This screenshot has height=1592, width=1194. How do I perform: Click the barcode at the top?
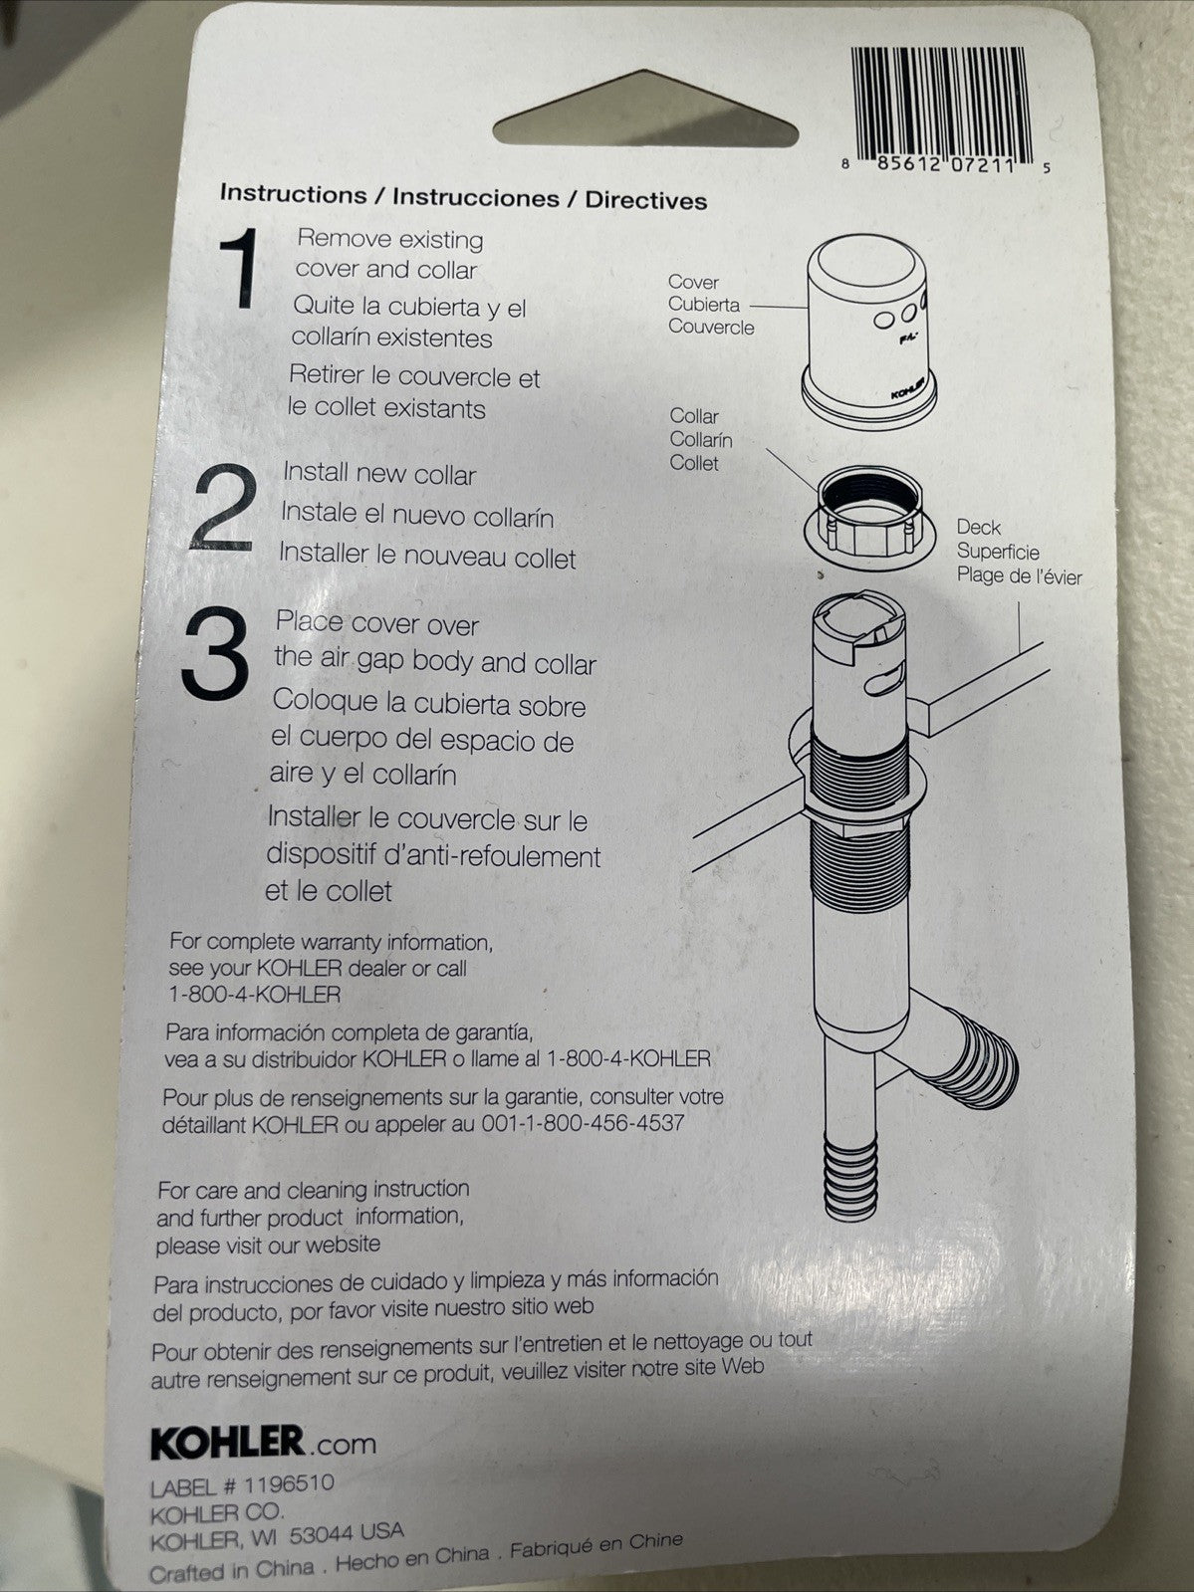pyautogui.click(x=942, y=106)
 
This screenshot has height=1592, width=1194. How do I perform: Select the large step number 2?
pyautogui.click(x=224, y=507)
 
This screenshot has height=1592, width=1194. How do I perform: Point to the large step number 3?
pyautogui.click(x=215, y=654)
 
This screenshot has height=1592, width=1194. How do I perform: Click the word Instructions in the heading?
pyautogui.click(x=293, y=194)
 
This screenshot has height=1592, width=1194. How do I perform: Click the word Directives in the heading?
pyautogui.click(x=645, y=200)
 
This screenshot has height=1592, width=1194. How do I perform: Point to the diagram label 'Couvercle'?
pyautogui.click(x=711, y=328)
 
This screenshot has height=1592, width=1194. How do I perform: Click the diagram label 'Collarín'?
pyautogui.click(x=701, y=439)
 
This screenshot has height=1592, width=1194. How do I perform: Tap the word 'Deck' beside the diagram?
pyautogui.click(x=978, y=528)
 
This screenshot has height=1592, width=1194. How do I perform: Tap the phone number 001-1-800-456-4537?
pyautogui.click(x=583, y=1123)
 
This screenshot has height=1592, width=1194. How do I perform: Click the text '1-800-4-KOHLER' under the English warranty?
pyautogui.click(x=255, y=994)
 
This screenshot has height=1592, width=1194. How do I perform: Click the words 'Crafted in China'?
pyautogui.click(x=232, y=1570)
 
